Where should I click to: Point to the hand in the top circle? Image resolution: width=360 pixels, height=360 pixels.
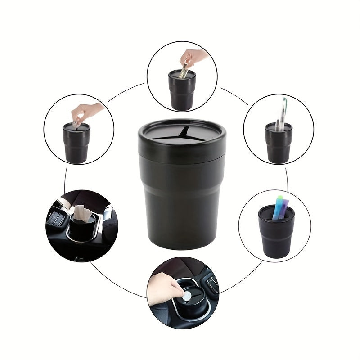pos(193,57)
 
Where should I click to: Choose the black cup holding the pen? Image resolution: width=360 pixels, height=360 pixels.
pos(278,146)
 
